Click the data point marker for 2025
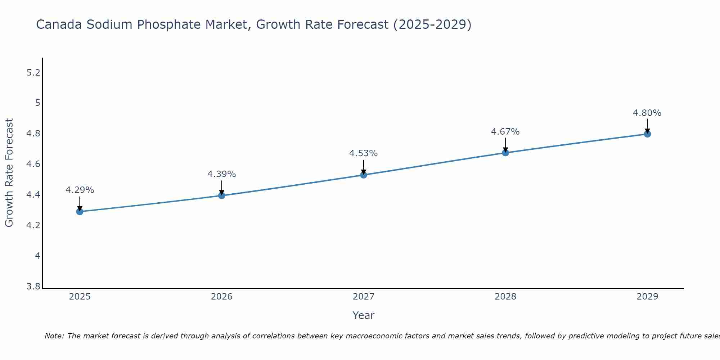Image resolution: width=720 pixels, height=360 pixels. point(80,212)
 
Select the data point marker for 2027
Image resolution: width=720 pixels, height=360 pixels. point(364,175)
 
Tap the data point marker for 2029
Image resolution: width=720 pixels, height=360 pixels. point(647,134)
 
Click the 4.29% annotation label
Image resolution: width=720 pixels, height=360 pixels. point(80,190)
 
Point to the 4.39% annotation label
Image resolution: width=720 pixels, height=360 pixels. point(222,174)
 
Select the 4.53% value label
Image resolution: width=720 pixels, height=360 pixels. point(364,153)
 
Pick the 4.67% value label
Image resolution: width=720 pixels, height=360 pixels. point(505,132)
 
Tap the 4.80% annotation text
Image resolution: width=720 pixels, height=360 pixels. point(647,113)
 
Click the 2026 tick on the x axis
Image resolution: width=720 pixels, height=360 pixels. point(222,297)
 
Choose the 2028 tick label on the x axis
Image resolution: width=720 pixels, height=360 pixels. point(505,297)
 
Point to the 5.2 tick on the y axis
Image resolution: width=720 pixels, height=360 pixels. point(33,73)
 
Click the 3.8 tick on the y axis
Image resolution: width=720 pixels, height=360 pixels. point(33,287)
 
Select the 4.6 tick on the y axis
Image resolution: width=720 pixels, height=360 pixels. point(33,165)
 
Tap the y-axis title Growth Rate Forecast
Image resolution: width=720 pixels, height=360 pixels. point(9,173)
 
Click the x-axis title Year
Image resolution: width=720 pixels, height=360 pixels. point(364,315)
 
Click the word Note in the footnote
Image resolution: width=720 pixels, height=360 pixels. point(54,336)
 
